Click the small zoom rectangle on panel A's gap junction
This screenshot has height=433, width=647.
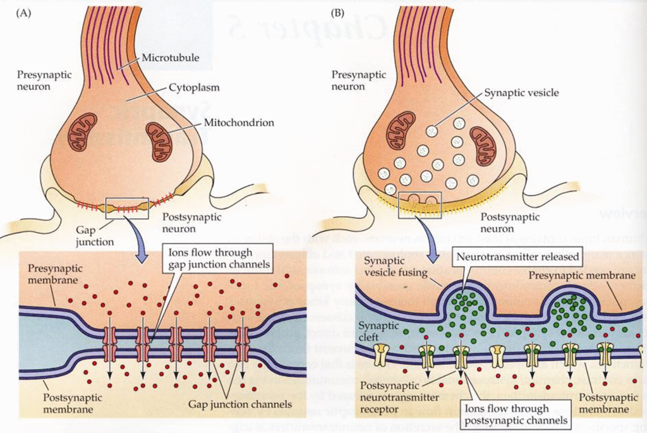click(127, 205)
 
